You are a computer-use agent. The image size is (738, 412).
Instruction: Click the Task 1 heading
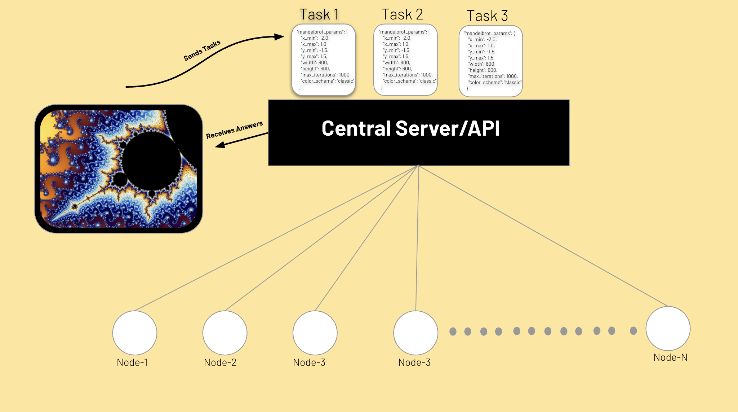coord(319,15)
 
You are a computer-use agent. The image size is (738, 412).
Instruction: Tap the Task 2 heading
coord(402,15)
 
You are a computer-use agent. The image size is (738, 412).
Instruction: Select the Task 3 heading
coord(487,16)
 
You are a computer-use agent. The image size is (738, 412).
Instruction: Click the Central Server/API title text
coord(410,128)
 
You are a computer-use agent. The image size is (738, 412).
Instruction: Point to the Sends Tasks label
coord(202,51)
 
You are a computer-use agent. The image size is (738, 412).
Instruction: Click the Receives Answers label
coord(234,130)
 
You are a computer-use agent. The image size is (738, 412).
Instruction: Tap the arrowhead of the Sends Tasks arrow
coord(280,36)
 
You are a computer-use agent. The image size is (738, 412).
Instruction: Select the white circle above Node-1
coord(135,333)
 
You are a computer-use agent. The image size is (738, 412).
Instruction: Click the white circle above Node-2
coord(225,333)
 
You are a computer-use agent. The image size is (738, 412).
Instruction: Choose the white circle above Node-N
coord(668,328)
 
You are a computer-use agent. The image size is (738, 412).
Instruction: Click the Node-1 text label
coord(132,363)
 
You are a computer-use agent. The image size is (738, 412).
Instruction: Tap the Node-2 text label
coord(220,363)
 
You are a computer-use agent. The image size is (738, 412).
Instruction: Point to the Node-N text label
coord(670,358)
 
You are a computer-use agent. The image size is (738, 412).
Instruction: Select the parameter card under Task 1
coord(323,60)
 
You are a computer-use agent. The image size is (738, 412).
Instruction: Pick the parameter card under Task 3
coord(490,61)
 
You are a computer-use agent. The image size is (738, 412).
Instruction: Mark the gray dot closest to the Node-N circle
coord(633,330)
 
